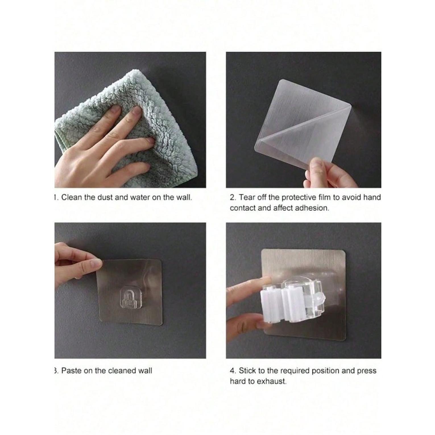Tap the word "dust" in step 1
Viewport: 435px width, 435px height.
[x=105, y=197]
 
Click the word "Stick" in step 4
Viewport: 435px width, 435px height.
[x=247, y=370]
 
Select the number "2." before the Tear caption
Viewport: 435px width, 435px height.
[x=233, y=197]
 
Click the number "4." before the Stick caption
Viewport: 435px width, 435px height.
[x=233, y=370]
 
